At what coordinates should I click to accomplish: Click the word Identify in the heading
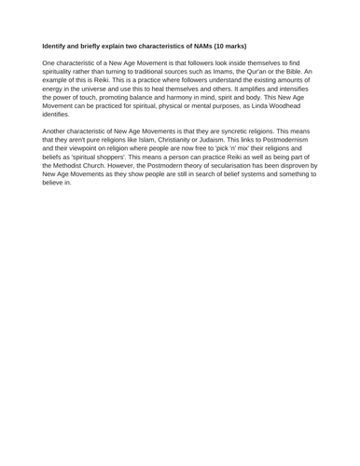[58, 45]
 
